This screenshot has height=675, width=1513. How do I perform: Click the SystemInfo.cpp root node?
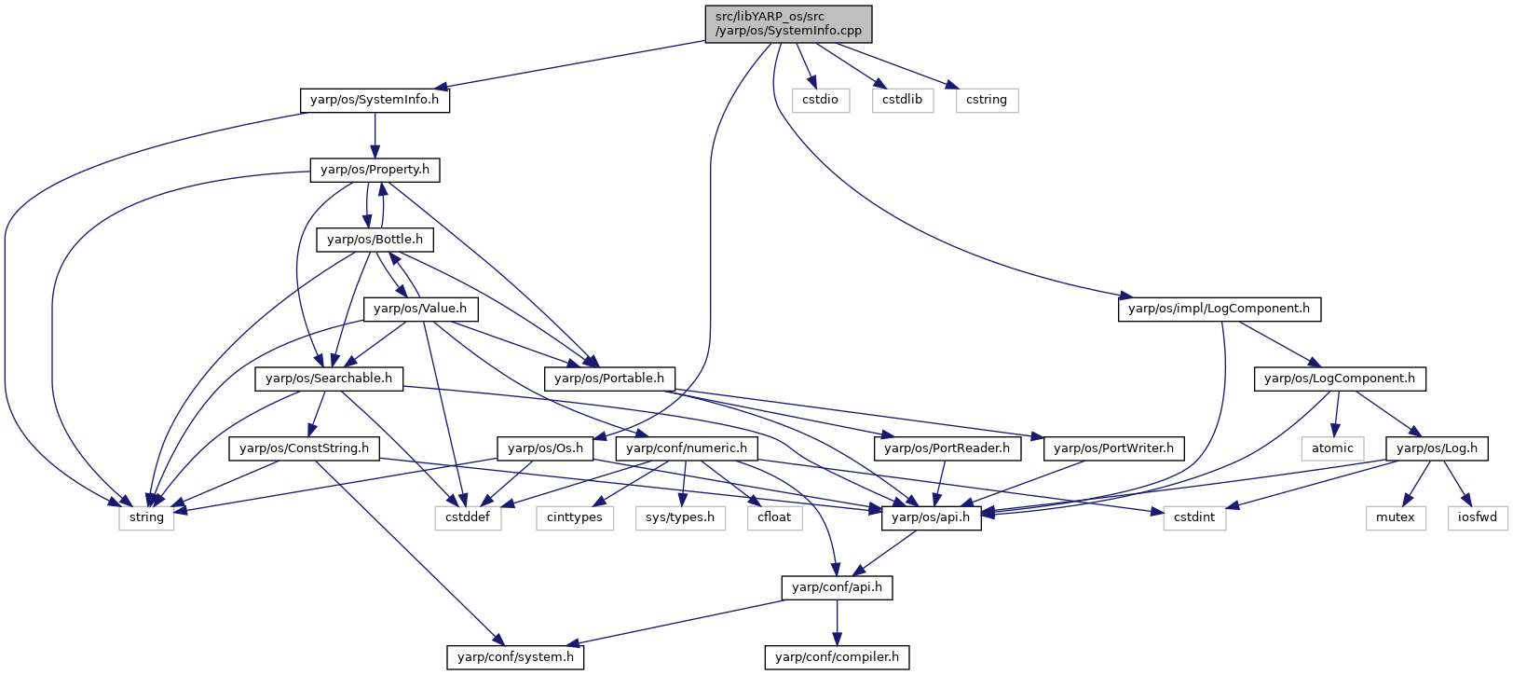pos(788,24)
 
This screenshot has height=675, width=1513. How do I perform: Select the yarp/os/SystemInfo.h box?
pos(375,101)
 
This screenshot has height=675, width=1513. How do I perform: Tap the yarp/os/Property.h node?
pos(375,171)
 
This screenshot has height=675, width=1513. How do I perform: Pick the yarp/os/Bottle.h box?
pos(375,240)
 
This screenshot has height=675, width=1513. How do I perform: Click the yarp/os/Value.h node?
pos(420,310)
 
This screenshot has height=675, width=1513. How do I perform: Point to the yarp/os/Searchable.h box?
pos(329,379)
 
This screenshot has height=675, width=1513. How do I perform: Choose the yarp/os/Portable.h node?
pos(609,379)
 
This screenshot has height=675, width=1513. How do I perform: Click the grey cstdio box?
pos(821,101)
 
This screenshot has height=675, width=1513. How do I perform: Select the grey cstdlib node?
pos(903,101)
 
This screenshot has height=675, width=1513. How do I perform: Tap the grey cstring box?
pos(987,101)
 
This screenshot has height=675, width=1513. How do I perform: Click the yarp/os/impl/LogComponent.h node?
pos(1220,310)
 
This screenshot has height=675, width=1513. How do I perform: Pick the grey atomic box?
pos(1332,448)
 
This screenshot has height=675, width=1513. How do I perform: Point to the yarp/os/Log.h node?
pos(1437,448)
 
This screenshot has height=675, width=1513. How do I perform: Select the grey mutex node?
pos(1396,518)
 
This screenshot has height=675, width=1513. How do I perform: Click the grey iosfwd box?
pos(1478,518)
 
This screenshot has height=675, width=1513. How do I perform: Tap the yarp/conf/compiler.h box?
pos(837,657)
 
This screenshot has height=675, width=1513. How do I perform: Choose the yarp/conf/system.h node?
pos(515,657)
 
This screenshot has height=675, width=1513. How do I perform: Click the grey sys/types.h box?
pos(680,518)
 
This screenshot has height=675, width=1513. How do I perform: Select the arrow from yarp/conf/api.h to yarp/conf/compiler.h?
pos(837,622)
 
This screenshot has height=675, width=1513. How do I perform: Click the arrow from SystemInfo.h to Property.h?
pos(375,136)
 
